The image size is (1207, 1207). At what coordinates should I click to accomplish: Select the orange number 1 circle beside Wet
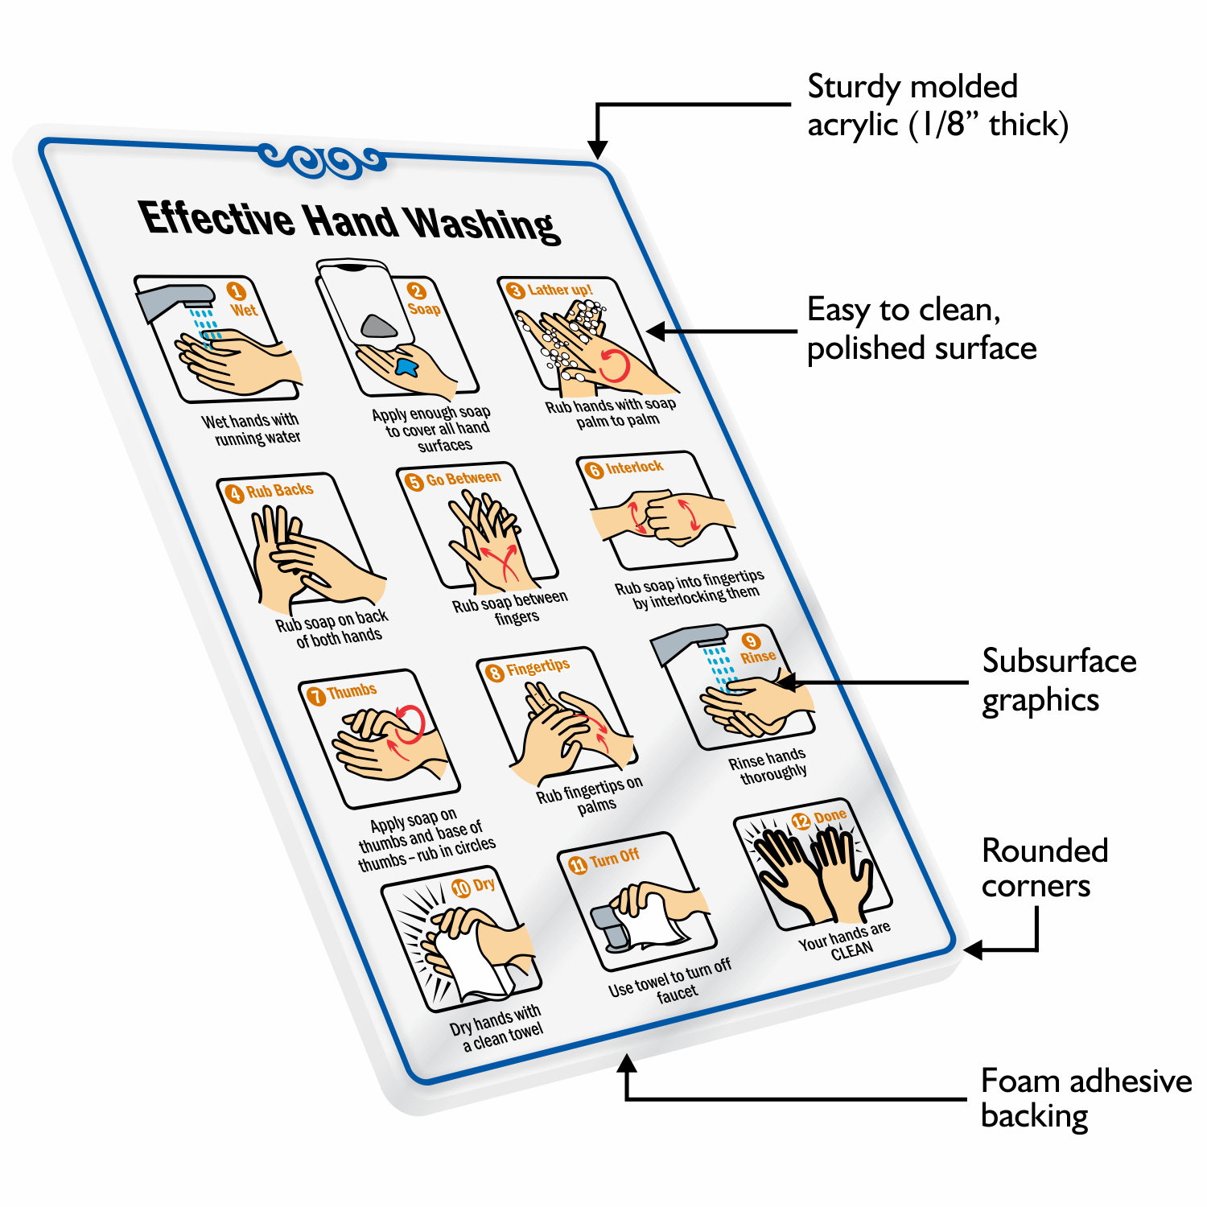[x=236, y=291]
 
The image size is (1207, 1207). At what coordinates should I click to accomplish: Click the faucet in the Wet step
[x=174, y=299]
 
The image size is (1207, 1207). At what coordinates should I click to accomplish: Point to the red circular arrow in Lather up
[x=615, y=366]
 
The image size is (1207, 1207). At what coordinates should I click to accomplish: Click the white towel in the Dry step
[x=471, y=966]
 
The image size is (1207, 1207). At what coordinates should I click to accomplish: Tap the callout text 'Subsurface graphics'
[x=1058, y=680]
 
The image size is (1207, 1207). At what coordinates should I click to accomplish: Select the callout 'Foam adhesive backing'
[x=1085, y=1098]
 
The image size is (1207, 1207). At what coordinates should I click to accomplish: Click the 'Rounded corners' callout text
[x=1044, y=867]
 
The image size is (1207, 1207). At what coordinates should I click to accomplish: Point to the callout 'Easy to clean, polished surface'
[x=921, y=328]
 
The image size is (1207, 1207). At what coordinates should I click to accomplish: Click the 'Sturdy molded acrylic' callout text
[x=937, y=105]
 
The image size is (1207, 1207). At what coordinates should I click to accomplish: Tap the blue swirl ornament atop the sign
[x=322, y=160]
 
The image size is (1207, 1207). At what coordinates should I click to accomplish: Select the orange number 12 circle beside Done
[x=801, y=821]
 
